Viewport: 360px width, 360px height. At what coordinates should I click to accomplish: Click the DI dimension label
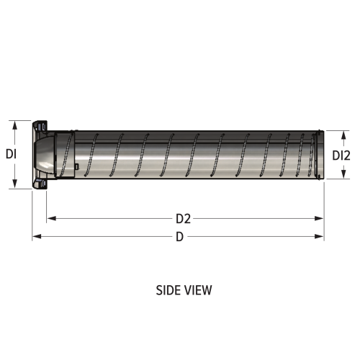click(11, 153)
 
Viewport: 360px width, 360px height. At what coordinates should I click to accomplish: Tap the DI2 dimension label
click(341, 155)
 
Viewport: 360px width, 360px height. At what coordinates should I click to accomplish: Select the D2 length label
click(183, 217)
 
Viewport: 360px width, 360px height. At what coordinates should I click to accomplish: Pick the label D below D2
click(179, 237)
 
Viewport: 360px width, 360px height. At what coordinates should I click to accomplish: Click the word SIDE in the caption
click(167, 290)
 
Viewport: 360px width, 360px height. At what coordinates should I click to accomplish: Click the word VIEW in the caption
click(198, 290)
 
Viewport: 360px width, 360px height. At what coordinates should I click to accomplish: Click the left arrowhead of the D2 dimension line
click(50, 217)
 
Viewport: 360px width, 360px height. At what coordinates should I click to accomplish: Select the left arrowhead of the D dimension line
click(36, 236)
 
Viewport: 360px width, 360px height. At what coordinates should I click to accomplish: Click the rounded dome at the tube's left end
click(45, 154)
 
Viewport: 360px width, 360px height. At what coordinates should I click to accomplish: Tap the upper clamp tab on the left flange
click(42, 125)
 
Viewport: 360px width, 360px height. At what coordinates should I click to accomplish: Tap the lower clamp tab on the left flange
click(42, 184)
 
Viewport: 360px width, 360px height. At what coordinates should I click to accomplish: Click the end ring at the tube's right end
click(319, 153)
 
